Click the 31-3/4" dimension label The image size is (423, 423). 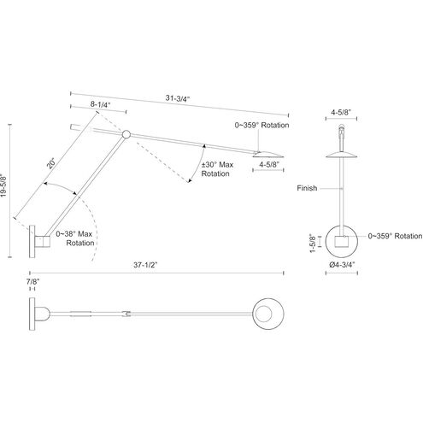point(178,98)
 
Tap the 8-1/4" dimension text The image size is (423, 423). point(100,104)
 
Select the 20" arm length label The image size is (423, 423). point(52,164)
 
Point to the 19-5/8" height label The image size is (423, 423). point(3,185)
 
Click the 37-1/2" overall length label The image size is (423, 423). point(145,265)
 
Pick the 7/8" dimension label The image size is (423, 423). point(32,282)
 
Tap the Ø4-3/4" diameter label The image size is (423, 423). point(342,265)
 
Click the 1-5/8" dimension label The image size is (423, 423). point(313,243)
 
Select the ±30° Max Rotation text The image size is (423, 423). point(217,169)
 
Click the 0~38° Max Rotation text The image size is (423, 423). point(74,238)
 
